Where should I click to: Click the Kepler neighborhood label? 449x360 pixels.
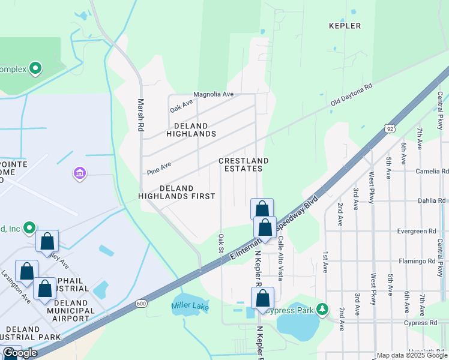(345, 26)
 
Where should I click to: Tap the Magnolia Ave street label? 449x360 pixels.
(213, 95)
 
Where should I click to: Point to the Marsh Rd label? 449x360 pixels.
(142, 116)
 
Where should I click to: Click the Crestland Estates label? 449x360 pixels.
(243, 165)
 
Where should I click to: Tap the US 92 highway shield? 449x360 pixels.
(390, 128)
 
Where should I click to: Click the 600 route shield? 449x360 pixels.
(141, 304)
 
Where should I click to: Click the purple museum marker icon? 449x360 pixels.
(79, 174)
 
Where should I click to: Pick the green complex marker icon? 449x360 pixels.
(35, 68)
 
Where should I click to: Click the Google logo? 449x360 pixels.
(20, 353)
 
